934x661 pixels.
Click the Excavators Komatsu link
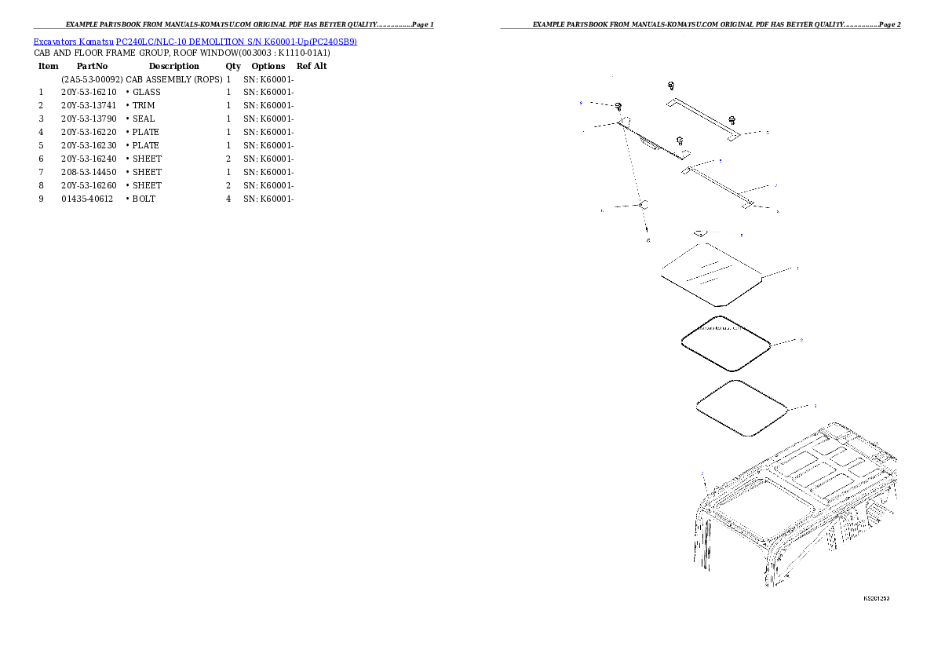(x=75, y=42)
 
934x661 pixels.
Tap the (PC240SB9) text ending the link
(x=333, y=42)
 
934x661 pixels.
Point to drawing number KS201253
(x=876, y=598)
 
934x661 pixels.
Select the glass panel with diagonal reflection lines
(x=711, y=274)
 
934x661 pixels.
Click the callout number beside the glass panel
(x=797, y=268)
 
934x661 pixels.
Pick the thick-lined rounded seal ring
(x=726, y=343)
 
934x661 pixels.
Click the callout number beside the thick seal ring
(x=801, y=340)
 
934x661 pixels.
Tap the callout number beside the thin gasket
(x=814, y=406)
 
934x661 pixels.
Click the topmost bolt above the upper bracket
(x=671, y=86)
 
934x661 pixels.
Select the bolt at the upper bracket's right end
(x=732, y=119)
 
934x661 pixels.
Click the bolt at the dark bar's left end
(x=619, y=107)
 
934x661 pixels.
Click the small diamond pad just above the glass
(x=700, y=232)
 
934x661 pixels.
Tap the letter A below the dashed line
(x=648, y=240)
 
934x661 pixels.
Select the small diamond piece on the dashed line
(x=642, y=205)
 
